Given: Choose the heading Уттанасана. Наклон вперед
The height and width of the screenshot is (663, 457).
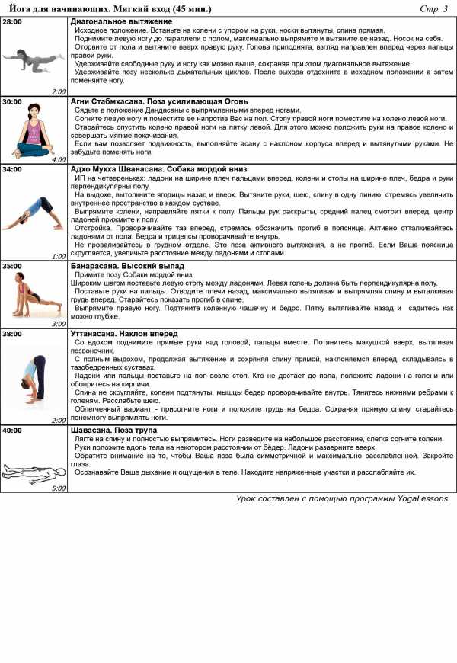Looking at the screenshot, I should pyautogui.click(x=124, y=334).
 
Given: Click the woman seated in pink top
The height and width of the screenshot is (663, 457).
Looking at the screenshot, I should pyautogui.click(x=34, y=130).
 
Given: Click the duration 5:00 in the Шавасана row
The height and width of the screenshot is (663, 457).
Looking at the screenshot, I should pyautogui.click(x=59, y=488).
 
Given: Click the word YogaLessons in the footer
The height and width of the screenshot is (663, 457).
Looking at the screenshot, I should pyautogui.click(x=415, y=499).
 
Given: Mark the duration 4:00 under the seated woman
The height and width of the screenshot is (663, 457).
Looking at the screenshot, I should pyautogui.click(x=59, y=160).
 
